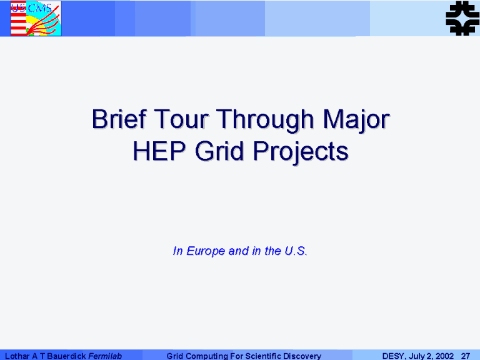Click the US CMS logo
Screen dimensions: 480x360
click(x=36, y=18)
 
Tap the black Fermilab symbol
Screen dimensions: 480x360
click(x=462, y=18)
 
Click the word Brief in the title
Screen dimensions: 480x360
click(x=119, y=119)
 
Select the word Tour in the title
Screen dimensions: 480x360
click(x=181, y=119)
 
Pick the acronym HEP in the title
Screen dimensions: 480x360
click(x=159, y=151)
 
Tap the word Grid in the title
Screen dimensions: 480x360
click(x=219, y=151)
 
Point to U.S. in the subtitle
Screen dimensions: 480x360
click(x=296, y=251)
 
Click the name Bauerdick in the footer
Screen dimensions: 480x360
click(x=66, y=356)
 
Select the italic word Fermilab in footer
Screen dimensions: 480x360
click(x=105, y=356)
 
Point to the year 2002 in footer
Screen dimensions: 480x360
click(x=444, y=356)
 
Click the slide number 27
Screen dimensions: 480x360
click(x=466, y=356)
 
